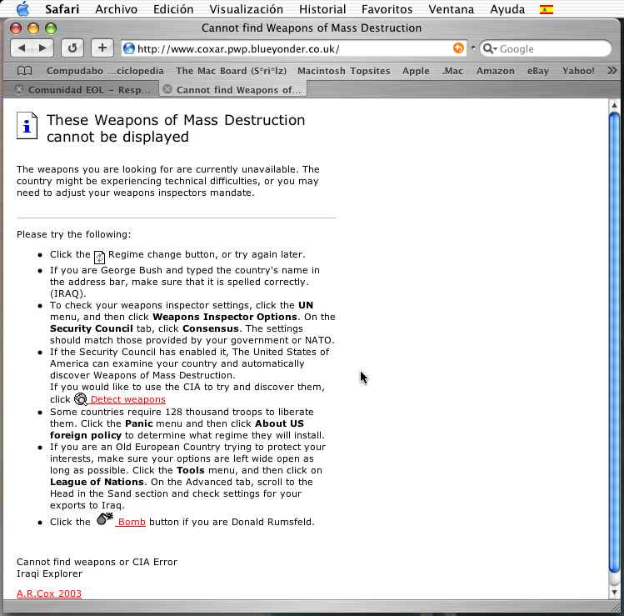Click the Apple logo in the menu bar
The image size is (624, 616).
coord(22,10)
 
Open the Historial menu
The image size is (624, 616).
coord(322,10)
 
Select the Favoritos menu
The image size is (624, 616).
coord(387,10)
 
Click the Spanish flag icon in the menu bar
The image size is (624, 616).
coord(547,10)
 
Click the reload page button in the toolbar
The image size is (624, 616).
coord(72,48)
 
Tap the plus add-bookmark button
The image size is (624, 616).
coord(102,48)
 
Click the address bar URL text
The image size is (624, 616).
coord(237,49)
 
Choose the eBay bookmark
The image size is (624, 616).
coord(538,71)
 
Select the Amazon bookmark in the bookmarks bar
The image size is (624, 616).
coord(495,71)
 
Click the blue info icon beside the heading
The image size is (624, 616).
coord(27,126)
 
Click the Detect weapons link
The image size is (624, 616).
coord(127,399)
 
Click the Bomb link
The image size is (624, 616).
coord(132,522)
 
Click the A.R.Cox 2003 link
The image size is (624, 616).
coord(49,593)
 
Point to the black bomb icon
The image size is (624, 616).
coord(105,519)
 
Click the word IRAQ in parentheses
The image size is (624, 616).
coord(66,293)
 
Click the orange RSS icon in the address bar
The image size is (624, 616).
coord(458,48)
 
